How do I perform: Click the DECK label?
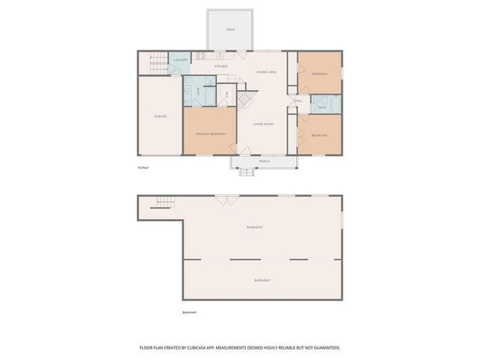tap(230, 30)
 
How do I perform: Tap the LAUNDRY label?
tap(180, 60)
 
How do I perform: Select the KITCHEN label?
tap(220, 67)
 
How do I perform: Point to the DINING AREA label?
tap(267, 72)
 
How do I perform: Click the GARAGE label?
tap(160, 116)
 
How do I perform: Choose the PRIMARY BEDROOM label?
tap(211, 133)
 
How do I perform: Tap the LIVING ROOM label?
tap(262, 124)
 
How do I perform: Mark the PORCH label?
tap(264, 161)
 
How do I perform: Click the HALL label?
tap(298, 100)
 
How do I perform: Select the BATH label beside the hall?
tap(322, 107)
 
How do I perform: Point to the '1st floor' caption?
tap(143, 168)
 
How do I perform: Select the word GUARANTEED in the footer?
tap(325, 348)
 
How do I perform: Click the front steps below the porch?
tap(247, 172)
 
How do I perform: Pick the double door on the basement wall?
tap(223, 199)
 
